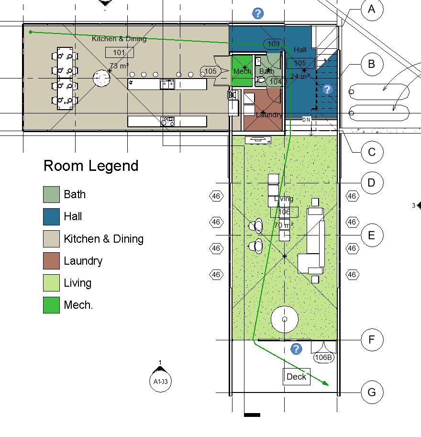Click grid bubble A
tap(372, 10)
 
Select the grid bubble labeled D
tap(372, 183)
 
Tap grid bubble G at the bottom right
tap(372, 392)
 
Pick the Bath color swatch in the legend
tap(52, 194)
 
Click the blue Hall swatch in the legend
tap(52, 216)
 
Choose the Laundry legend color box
tap(52, 261)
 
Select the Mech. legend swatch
tap(52, 305)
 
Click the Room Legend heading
tap(91, 166)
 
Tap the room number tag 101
tap(119, 53)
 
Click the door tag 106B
tap(323, 357)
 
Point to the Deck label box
tap(297, 377)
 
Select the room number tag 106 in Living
tap(284, 212)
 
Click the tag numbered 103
tap(273, 44)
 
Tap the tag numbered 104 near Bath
tap(276, 82)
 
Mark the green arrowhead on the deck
tap(326, 383)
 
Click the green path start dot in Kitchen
tap(31, 32)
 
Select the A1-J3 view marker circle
tap(160, 381)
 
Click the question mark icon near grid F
tap(297, 349)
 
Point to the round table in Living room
tap(285, 319)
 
